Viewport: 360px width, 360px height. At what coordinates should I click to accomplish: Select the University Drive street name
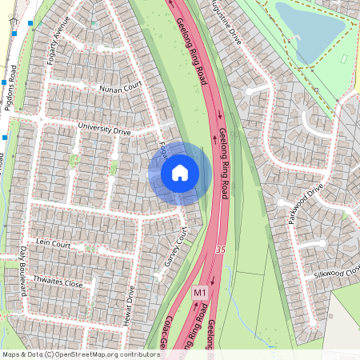pyautogui.click(x=104, y=127)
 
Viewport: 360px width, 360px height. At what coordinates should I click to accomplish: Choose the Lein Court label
pyautogui.click(x=54, y=243)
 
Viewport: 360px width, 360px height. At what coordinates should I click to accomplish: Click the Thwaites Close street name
pyautogui.click(x=58, y=283)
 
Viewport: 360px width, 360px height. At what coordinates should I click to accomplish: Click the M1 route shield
pyautogui.click(x=201, y=294)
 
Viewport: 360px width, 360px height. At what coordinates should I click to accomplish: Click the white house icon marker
pyautogui.click(x=180, y=172)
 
